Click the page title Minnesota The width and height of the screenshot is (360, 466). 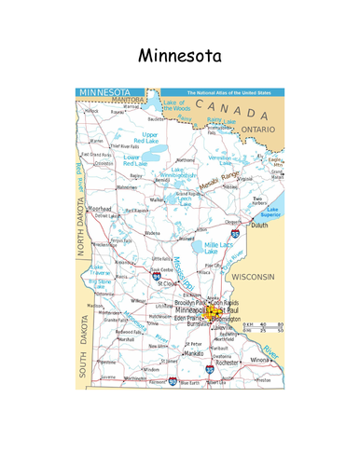(x=179, y=55)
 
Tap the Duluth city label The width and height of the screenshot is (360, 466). (x=260, y=225)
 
